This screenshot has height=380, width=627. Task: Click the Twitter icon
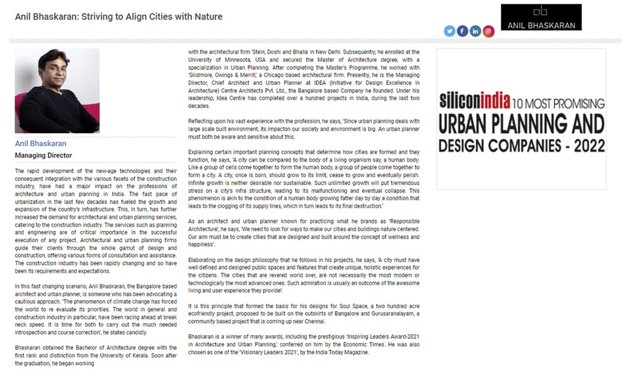click(450, 31)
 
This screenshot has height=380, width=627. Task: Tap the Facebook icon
click(462, 31)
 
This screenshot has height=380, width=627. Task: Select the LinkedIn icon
click(475, 31)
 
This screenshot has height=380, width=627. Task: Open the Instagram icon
click(488, 31)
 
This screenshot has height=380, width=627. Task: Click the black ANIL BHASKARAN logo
click(541, 17)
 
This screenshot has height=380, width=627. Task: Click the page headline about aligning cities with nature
click(119, 16)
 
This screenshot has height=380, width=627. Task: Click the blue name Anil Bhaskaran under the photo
click(40, 144)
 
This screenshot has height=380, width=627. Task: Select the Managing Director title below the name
click(43, 155)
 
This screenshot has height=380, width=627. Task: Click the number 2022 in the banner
click(585, 146)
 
